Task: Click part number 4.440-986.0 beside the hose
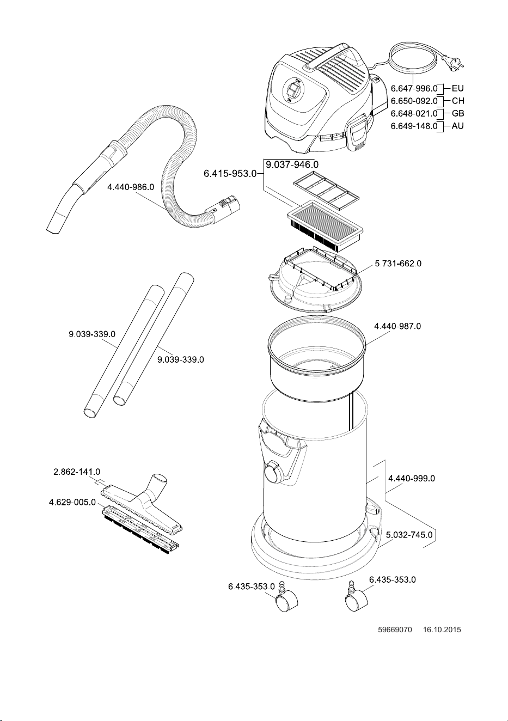(131, 187)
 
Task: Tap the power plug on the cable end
(454, 61)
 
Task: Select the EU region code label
(458, 88)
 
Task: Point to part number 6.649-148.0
(414, 126)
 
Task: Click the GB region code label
(458, 113)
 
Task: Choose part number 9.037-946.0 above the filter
(292, 164)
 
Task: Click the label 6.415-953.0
(230, 174)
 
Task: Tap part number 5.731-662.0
(398, 263)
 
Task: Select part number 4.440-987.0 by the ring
(397, 326)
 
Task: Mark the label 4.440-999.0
(412, 478)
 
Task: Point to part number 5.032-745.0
(409, 535)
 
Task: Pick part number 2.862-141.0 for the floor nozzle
(77, 472)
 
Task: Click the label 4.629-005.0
(72, 502)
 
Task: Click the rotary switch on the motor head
(292, 90)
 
